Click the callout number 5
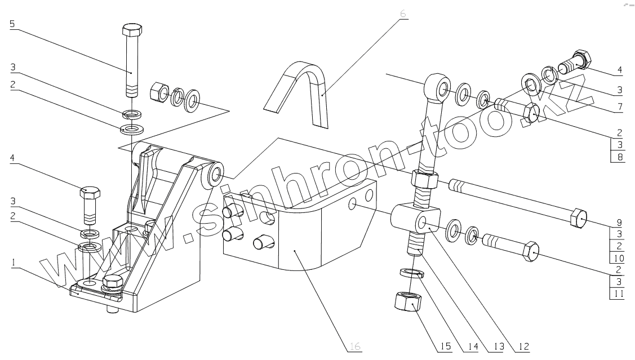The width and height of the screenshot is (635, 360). tap(12, 24)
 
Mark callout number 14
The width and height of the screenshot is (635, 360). tap(470, 345)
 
